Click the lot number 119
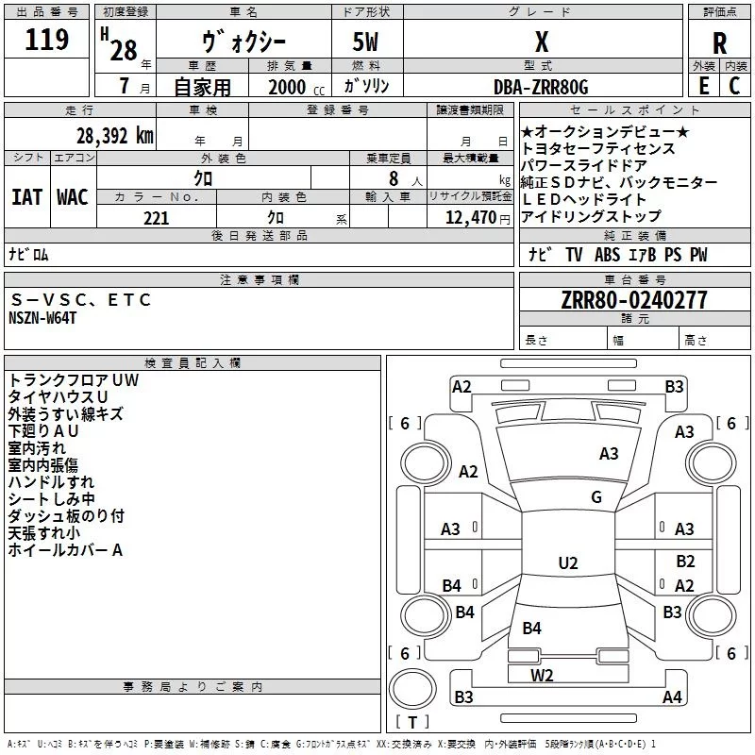pos(46,39)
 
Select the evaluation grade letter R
pos(719,43)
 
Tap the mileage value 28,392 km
pos(115,136)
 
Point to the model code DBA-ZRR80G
pos(541,87)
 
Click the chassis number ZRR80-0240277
pos(634,299)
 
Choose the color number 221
pos(157,218)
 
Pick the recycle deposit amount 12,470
pos(470,218)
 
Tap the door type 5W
pos(365,42)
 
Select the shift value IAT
pos(27,197)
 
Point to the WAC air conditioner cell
pos(73,197)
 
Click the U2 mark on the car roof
pos(568,562)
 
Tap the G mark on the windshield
pos(596,497)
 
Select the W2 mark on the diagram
pos(542,676)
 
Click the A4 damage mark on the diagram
pos(672,696)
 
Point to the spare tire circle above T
pos(412,689)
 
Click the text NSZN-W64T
pos(42,318)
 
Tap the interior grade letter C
pos(734,86)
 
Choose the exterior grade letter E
pos(704,86)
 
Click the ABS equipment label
pos(607,255)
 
